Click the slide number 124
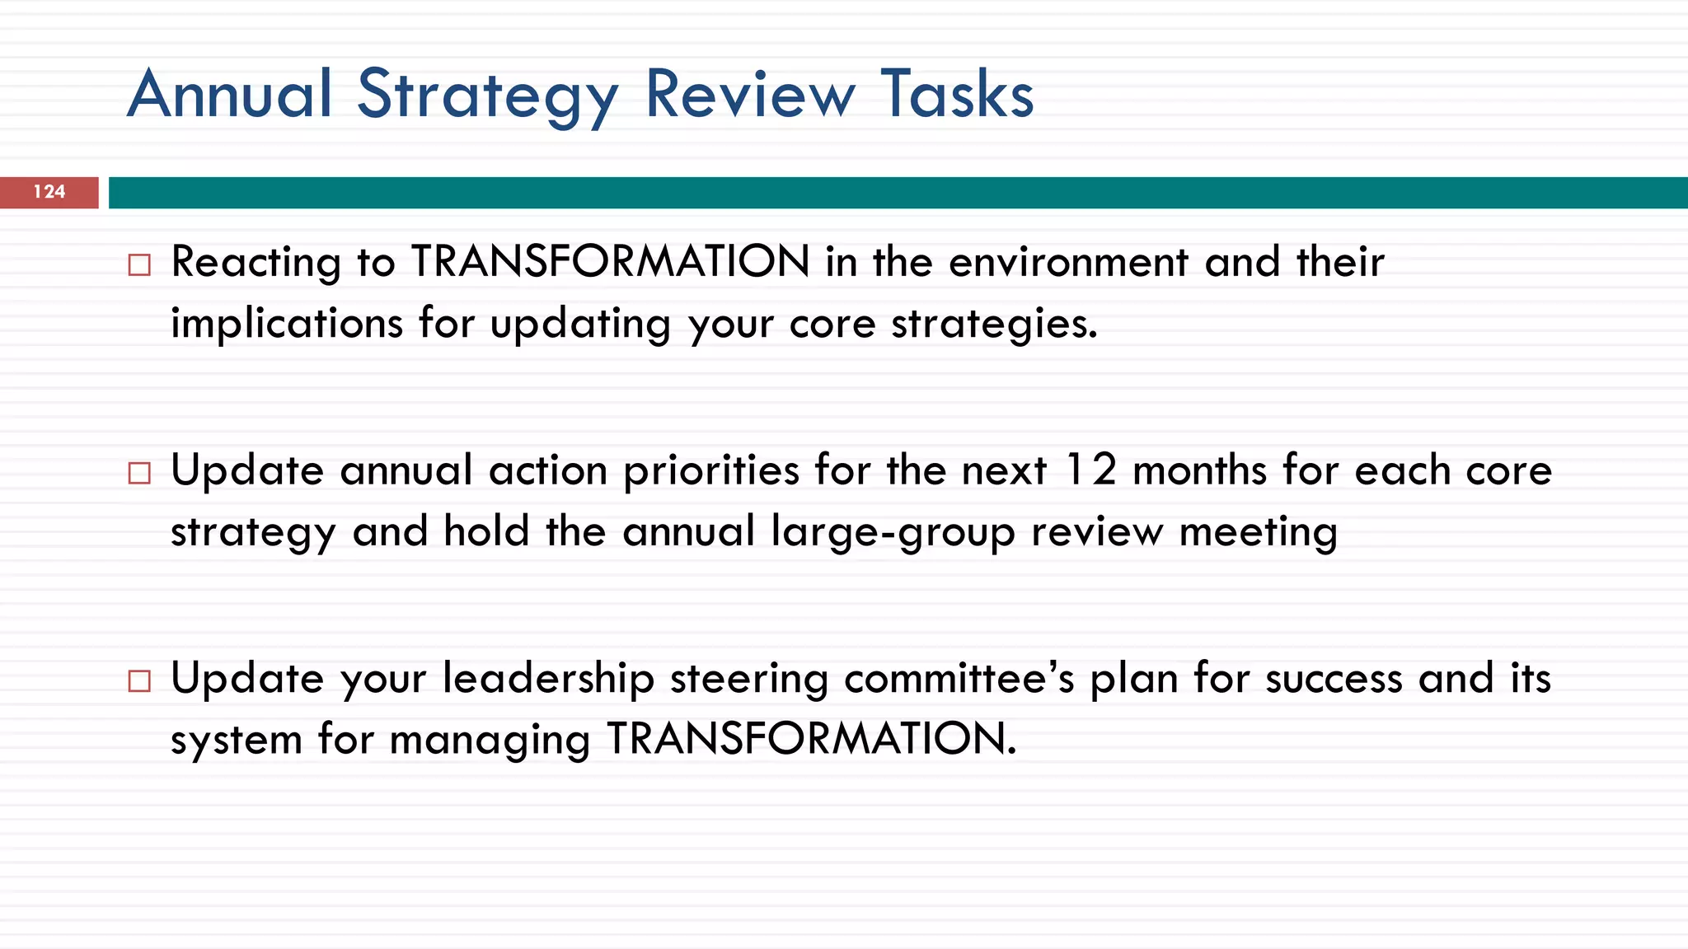tap(49, 192)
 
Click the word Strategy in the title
tap(487, 96)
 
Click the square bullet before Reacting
tap(139, 265)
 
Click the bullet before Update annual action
tap(139, 473)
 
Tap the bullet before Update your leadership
tap(139, 681)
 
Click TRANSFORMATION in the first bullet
tap(611, 262)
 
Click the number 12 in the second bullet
tap(1090, 470)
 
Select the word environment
tap(1068, 262)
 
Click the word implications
tap(287, 323)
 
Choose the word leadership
tap(548, 679)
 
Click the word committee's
tap(959, 679)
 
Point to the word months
tap(1200, 470)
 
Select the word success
tap(1334, 679)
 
